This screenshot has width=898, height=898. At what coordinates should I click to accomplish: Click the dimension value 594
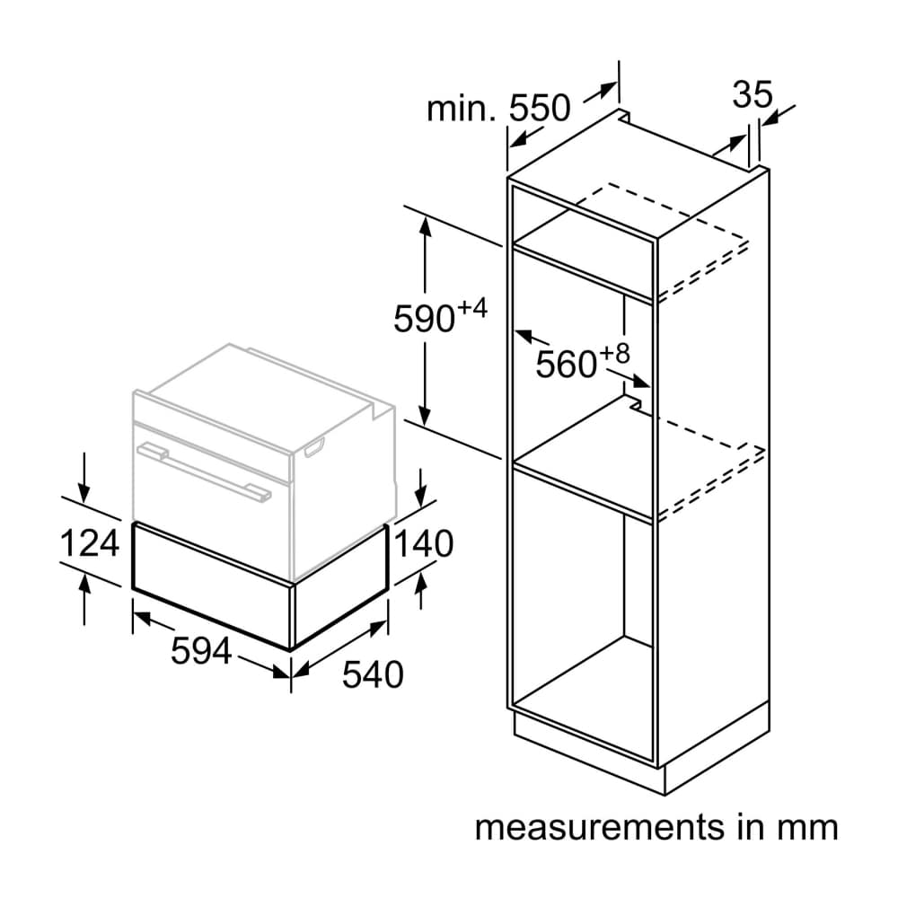coord(201,651)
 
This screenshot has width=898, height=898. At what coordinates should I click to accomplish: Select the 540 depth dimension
coord(374,673)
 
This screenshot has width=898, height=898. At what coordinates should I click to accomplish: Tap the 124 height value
coord(89,543)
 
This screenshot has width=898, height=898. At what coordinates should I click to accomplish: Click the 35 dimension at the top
coord(753,94)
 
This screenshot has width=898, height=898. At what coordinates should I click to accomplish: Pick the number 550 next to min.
coord(540,108)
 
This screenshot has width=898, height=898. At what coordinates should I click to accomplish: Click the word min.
coord(462,109)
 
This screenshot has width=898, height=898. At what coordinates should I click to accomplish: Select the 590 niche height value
coord(424,319)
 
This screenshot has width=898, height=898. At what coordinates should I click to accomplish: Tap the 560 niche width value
coord(567,364)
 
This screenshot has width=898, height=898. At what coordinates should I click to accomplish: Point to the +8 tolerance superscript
coord(615,353)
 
